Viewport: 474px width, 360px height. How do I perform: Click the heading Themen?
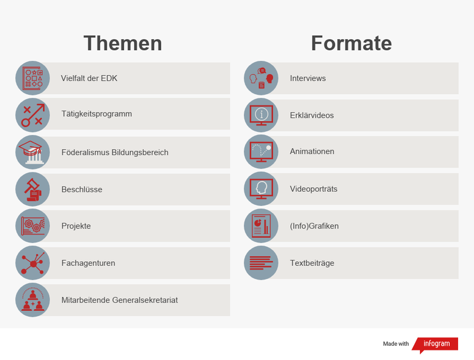tap(123, 43)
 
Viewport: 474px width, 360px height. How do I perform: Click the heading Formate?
tap(351, 43)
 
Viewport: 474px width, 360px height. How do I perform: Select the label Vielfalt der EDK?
tap(89, 78)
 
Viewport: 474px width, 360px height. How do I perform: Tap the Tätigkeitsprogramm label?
tap(97, 114)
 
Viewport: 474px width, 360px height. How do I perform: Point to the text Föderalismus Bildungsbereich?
tap(115, 152)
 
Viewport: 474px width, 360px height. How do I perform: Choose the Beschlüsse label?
tap(82, 189)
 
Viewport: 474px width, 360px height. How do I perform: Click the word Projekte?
tap(76, 226)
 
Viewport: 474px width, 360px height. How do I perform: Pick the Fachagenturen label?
tap(88, 263)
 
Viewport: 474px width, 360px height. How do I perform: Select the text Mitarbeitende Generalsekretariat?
tap(120, 300)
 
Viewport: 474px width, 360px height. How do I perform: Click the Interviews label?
tap(308, 78)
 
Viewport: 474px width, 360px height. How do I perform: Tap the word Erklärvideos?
tap(312, 115)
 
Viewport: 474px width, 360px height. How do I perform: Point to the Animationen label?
tap(312, 152)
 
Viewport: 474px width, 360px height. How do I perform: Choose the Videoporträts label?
tap(313, 189)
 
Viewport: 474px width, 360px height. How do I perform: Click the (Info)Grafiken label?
tap(314, 226)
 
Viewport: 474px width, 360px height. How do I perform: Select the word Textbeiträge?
tap(312, 263)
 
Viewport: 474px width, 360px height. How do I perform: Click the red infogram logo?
tap(436, 344)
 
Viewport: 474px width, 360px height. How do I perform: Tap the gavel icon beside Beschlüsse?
tap(33, 189)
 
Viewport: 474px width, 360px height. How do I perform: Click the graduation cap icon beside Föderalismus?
tap(33, 152)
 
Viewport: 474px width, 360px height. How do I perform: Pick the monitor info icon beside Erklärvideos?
tap(261, 115)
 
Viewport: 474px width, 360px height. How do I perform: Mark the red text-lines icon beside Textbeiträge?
tap(261, 263)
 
